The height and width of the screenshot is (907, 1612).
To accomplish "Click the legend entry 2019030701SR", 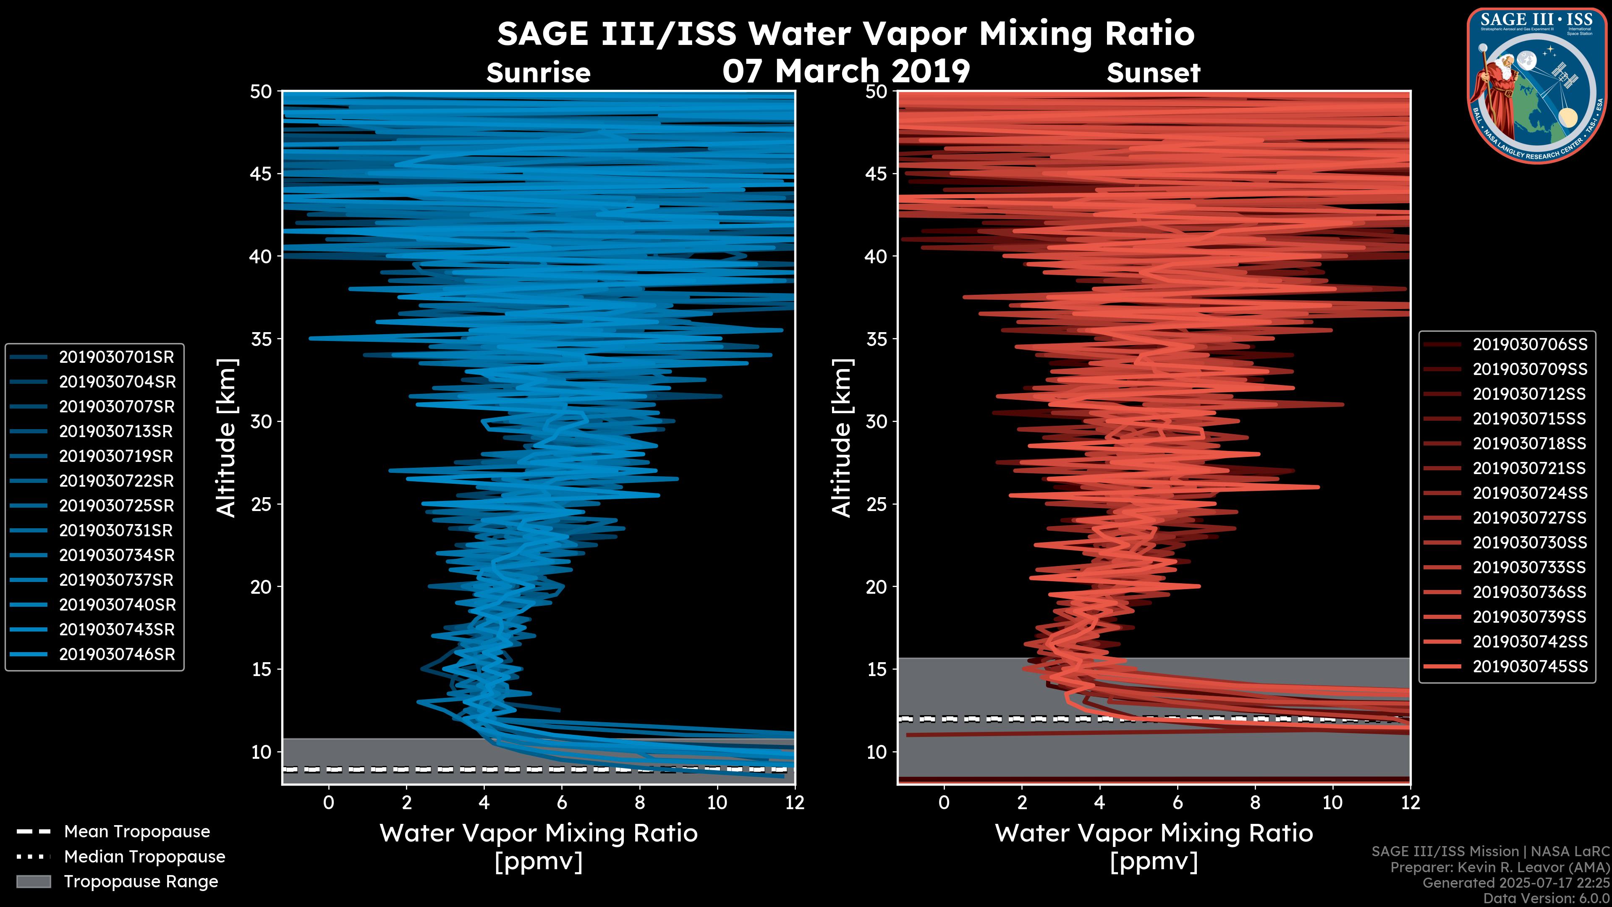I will [116, 357].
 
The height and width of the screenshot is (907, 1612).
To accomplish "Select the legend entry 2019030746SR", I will [116, 654].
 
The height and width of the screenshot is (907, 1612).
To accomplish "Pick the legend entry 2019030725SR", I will [116, 505].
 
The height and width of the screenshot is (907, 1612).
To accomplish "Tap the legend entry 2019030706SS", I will [1529, 344].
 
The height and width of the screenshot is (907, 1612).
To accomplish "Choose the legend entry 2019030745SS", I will [1529, 667].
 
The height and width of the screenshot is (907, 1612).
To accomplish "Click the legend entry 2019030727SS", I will [1529, 518].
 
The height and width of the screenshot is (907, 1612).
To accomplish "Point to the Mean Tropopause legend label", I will [136, 831].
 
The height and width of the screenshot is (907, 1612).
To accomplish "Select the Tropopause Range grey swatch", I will [33, 881].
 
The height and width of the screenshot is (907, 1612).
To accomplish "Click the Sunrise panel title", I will [538, 73].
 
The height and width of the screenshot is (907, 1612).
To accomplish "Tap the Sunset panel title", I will [1153, 73].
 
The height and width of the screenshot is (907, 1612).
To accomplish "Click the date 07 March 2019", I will [846, 71].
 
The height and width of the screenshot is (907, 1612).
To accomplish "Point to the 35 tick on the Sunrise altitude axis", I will [261, 338].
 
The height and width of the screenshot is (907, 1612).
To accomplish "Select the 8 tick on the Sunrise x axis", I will [639, 802].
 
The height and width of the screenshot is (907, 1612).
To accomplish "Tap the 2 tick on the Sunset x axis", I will [1022, 802].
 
